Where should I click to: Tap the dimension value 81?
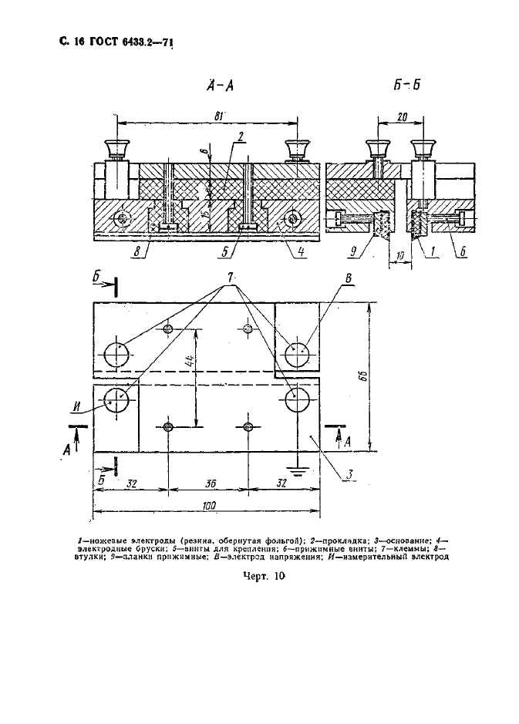point(220,116)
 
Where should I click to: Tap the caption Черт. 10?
point(264,584)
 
